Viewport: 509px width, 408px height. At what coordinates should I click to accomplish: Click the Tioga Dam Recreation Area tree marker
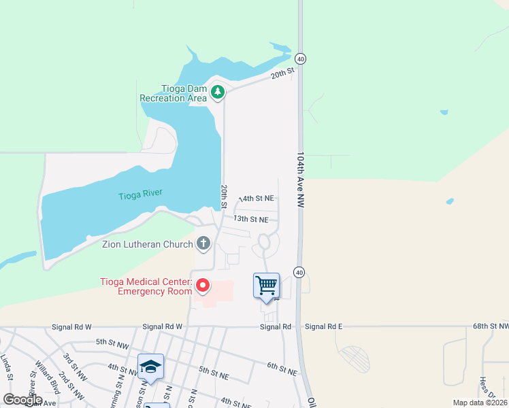[217, 91]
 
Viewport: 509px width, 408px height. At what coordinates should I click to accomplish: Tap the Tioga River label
[140, 194]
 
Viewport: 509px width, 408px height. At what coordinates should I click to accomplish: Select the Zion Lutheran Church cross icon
[203, 243]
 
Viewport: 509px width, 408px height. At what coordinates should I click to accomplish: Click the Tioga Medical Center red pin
[202, 286]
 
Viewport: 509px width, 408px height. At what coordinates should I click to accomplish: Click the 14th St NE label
[257, 199]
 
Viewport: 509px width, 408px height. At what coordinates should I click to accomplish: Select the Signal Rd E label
[323, 327]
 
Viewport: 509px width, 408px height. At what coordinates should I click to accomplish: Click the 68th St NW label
[490, 327]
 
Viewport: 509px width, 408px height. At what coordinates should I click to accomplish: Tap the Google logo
[22, 400]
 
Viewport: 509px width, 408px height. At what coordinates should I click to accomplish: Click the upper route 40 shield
[301, 59]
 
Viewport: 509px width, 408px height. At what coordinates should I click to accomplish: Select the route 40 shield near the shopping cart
[299, 272]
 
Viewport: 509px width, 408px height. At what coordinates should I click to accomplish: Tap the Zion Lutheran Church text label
[148, 243]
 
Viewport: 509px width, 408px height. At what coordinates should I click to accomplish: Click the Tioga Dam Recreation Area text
[174, 93]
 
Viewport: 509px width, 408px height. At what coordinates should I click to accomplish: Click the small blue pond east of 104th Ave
[450, 202]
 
